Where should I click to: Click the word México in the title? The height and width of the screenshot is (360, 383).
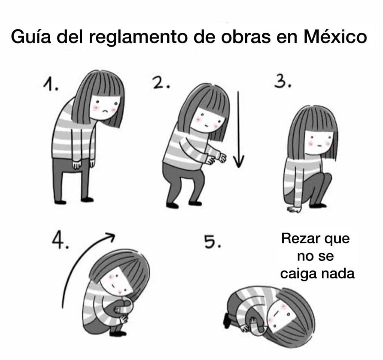click(x=335, y=37)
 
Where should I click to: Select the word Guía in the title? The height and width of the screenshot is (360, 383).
click(x=31, y=37)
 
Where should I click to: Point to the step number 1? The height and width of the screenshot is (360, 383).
click(x=50, y=84)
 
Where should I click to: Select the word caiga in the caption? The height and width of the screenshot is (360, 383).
click(x=298, y=274)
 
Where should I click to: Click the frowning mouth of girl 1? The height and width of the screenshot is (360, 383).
click(x=105, y=111)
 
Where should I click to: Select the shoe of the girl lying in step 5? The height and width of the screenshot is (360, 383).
click(x=226, y=320)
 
